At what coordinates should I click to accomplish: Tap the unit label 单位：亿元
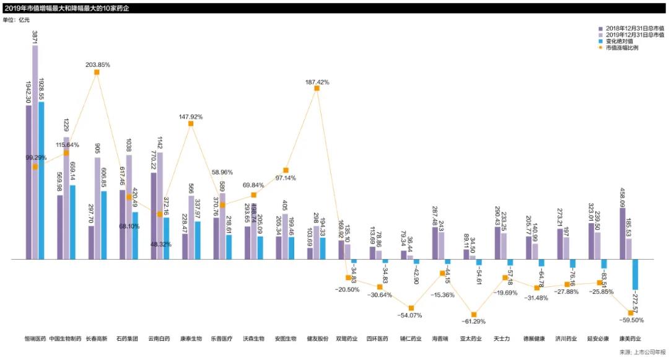point(16,20)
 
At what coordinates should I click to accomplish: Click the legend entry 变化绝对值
point(619,41)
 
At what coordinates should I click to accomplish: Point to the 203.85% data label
point(98,64)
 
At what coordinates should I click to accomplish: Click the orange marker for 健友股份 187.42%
point(317,89)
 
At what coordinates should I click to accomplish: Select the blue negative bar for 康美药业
point(635,274)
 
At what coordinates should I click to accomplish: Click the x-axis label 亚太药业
point(473,339)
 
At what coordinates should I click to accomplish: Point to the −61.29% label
point(474,322)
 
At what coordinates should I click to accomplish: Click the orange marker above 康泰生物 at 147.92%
point(191,124)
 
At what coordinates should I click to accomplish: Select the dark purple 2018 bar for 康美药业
point(623,233)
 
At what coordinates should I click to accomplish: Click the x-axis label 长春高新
point(97,339)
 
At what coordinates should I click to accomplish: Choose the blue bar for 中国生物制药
point(72,222)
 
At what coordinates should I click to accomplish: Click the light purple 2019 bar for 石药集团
point(129,207)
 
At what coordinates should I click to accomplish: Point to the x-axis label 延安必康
point(598,339)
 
